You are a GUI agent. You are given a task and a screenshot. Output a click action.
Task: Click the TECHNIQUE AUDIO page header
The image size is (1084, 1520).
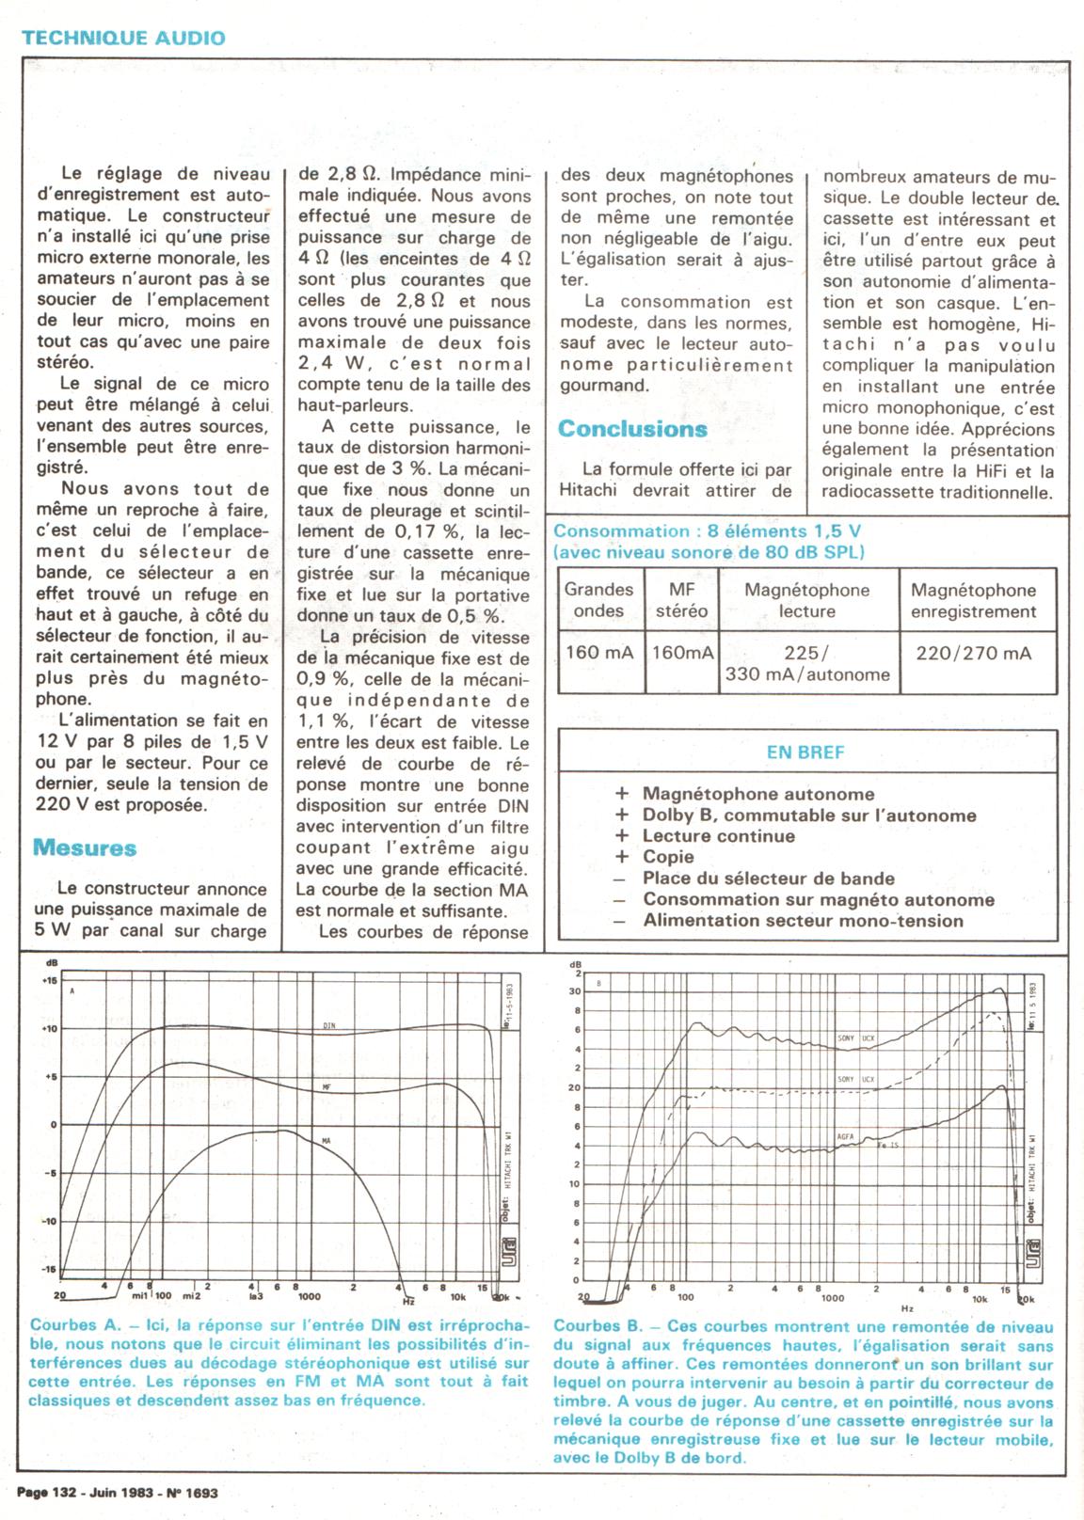pyautogui.click(x=123, y=39)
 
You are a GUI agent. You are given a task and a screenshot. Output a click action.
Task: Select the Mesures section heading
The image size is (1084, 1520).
pyautogui.click(x=85, y=847)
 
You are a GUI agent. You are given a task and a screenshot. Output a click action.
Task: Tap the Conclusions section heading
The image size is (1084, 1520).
pyautogui.click(x=632, y=429)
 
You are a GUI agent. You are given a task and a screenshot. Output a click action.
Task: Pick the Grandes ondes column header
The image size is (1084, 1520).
pyautogui.click(x=598, y=600)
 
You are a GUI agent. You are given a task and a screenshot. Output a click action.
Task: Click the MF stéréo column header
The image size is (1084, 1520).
pyautogui.click(x=681, y=600)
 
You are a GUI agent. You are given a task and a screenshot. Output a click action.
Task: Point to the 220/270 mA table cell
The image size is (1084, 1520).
pyautogui.click(x=973, y=653)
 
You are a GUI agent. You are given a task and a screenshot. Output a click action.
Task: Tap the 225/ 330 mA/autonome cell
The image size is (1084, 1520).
pyautogui.click(x=806, y=663)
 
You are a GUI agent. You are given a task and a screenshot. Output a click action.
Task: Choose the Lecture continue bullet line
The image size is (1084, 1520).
pyautogui.click(x=718, y=836)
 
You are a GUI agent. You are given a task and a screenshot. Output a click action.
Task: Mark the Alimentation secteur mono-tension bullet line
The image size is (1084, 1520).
pyautogui.click(x=803, y=921)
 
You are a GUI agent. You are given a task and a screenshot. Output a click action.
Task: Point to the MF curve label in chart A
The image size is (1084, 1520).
pyautogui.click(x=327, y=1087)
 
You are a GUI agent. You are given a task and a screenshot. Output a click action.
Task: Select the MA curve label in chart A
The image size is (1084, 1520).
pyautogui.click(x=327, y=1141)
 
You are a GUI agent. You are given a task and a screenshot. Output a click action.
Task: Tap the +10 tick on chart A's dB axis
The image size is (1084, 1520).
pyautogui.click(x=49, y=1029)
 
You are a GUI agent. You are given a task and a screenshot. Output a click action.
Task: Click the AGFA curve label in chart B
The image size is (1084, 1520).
pyautogui.click(x=845, y=1136)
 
